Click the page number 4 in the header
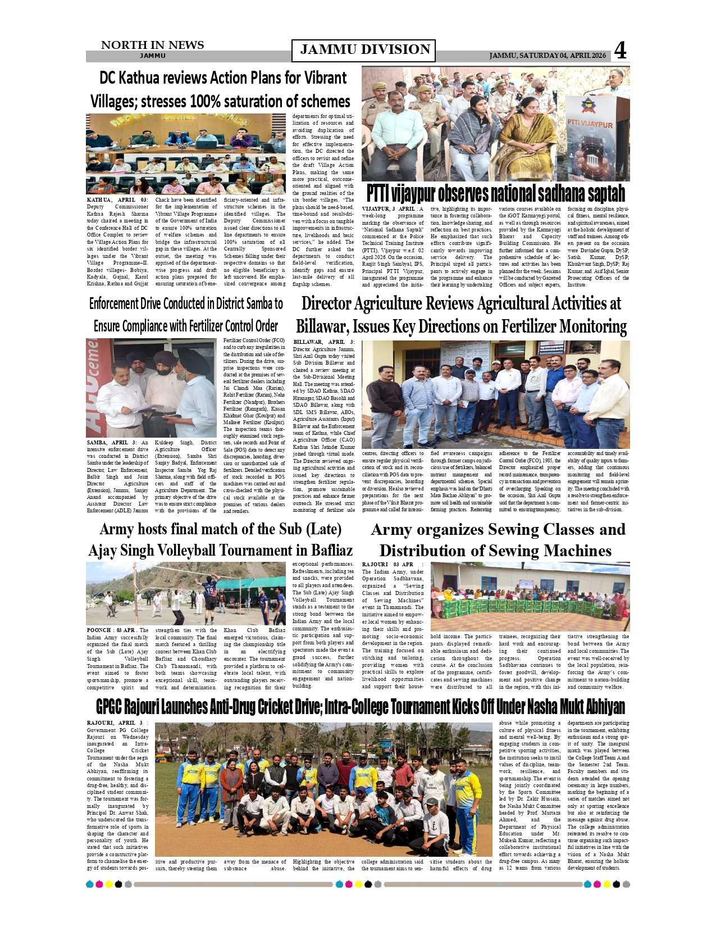pos(620,51)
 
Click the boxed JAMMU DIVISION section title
pos(364,50)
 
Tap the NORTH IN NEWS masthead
pos(152,46)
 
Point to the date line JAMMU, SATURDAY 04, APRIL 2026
pos(547,56)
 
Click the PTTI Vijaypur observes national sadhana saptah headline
pos(495,193)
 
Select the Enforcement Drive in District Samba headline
pos(186,315)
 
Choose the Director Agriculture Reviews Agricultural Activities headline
pos(461,315)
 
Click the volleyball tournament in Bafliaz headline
pos(220,539)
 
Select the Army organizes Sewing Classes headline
pos(498,539)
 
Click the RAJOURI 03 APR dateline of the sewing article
pos(388,565)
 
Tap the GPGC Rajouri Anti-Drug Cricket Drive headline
pos(360,706)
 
